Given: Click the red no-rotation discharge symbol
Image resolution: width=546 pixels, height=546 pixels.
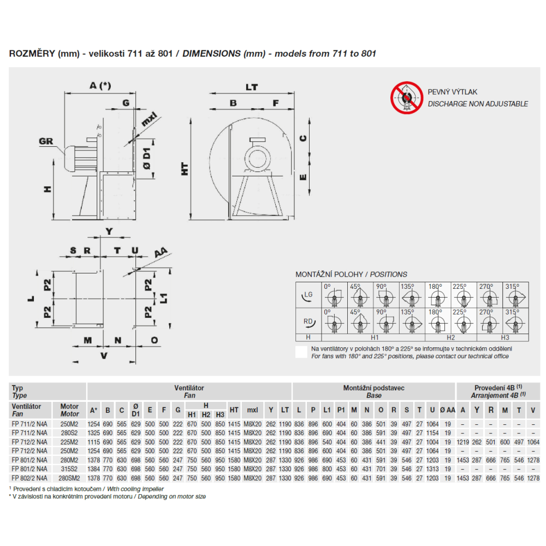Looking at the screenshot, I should click(x=407, y=98).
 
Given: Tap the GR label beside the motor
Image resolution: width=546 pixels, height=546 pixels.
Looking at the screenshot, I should click(x=46, y=141).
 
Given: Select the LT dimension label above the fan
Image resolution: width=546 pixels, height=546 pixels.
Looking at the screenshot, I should click(x=252, y=87).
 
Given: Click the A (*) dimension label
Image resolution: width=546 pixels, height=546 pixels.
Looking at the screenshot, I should click(x=99, y=86).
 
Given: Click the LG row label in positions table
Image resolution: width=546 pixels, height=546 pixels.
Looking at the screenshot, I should click(x=308, y=295).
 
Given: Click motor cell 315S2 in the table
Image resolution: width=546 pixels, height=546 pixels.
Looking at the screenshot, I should click(x=69, y=469).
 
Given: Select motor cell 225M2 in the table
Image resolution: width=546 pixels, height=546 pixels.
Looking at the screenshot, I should click(x=69, y=442).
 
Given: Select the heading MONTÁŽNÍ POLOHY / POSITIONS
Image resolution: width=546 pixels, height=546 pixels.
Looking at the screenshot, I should click(x=351, y=274).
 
